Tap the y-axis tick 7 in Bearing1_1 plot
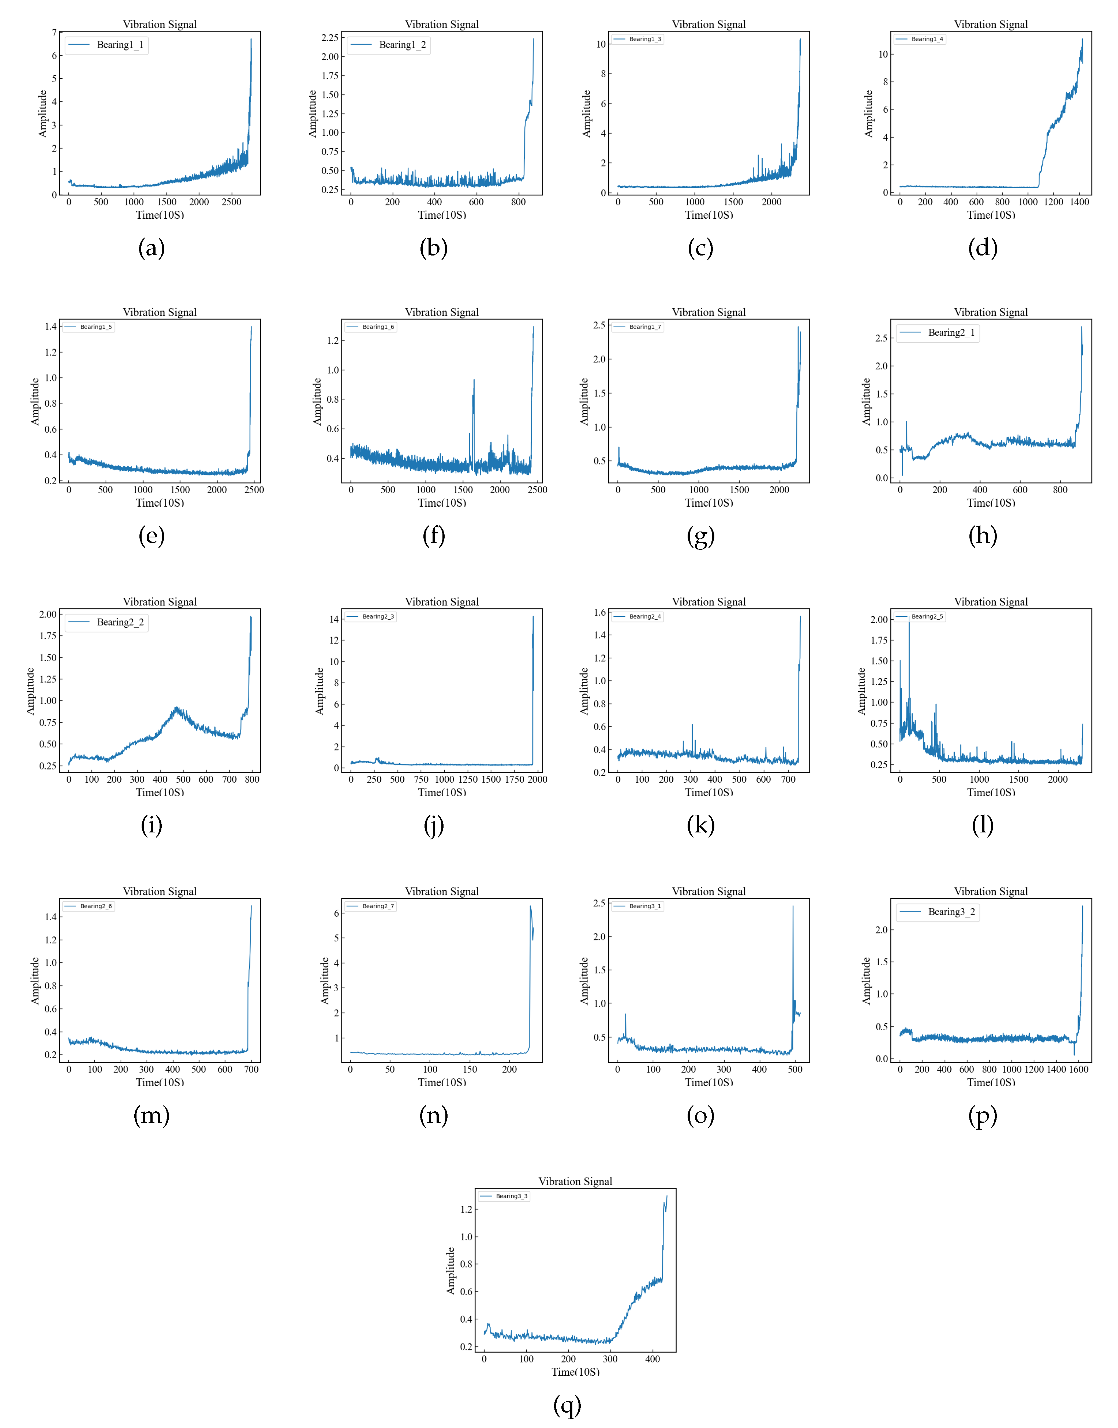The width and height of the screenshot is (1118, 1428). pos(54,32)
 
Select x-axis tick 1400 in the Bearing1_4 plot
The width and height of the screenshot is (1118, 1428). pos(1079,202)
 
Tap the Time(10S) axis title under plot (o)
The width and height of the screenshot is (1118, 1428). pos(709,1082)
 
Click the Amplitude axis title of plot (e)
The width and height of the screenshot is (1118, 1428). pos(35,401)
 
